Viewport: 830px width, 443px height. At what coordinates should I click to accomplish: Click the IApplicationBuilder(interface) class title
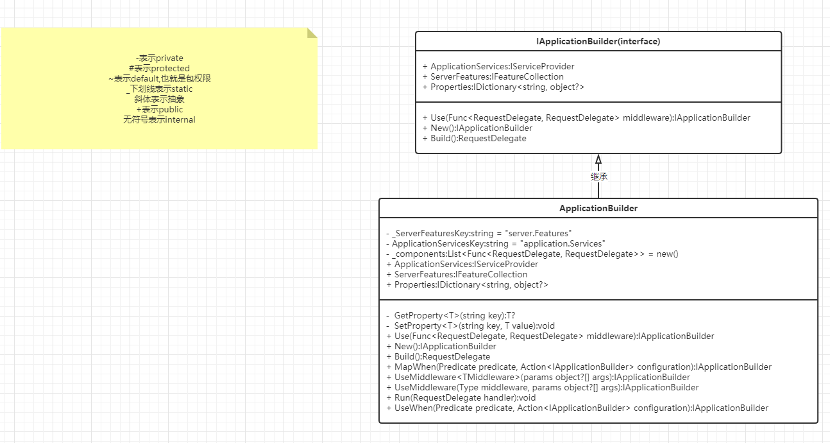598,41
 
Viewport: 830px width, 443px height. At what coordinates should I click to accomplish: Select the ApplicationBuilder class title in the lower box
598,208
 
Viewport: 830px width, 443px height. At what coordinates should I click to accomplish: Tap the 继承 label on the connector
599,177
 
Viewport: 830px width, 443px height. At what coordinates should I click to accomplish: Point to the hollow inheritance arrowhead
598,159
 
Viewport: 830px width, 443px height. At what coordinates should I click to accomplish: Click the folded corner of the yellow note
312,33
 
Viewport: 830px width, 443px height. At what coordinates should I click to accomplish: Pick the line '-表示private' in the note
159,58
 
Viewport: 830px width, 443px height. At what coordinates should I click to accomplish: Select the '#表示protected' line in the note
159,68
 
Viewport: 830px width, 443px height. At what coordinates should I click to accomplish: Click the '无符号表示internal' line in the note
159,119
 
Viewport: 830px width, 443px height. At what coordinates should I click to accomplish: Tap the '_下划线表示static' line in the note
159,89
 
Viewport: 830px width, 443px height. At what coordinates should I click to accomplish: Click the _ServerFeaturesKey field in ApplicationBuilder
479,233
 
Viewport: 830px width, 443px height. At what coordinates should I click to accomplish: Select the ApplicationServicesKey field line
496,244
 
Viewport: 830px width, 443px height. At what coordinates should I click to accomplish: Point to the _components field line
532,254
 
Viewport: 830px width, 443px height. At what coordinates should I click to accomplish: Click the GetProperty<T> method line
450,315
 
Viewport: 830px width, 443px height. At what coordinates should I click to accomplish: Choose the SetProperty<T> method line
470,326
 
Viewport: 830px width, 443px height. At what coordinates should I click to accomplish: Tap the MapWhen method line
579,367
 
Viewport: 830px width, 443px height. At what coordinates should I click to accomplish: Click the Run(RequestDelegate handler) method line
461,397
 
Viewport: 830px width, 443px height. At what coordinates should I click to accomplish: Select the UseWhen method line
577,408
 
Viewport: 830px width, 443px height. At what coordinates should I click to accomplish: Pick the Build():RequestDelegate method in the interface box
474,139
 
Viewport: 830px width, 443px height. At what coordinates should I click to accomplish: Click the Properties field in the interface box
503,87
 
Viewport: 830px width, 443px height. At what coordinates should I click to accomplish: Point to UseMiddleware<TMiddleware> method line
538,378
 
